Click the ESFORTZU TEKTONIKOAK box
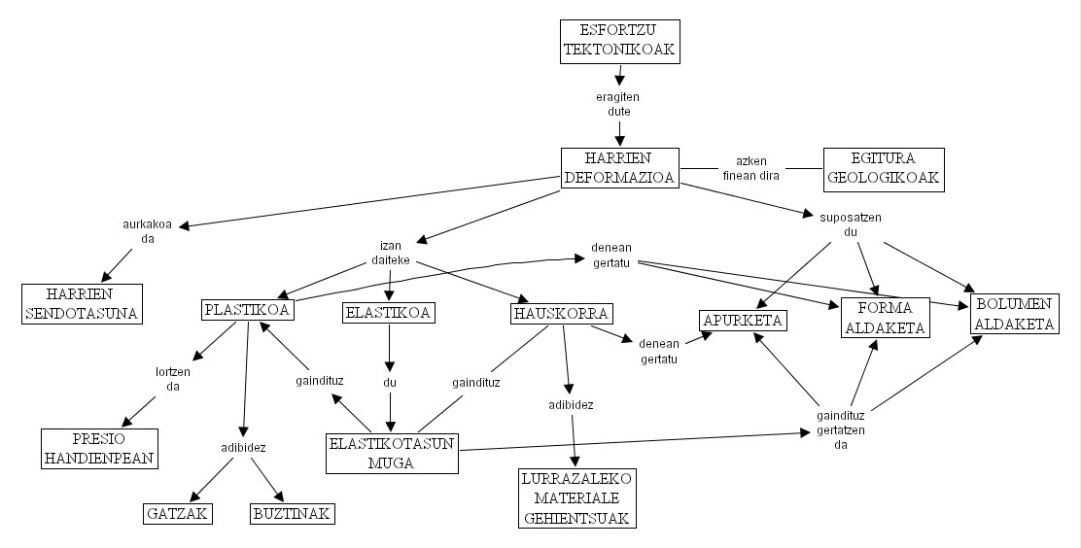point(619,41)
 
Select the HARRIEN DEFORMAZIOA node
point(619,168)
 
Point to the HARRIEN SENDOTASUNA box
point(82,303)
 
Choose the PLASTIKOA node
point(248,311)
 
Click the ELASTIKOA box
point(388,313)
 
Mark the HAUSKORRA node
point(561,314)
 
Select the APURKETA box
point(742,320)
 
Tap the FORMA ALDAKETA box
point(885,318)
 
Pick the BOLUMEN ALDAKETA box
point(1015,314)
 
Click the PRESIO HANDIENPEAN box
point(98,447)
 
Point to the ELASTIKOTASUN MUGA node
point(392,454)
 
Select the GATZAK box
point(178,514)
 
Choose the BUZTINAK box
point(293,514)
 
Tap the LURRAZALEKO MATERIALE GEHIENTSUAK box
point(577,498)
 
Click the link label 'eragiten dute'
point(618,104)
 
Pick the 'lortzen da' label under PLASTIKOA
point(173,379)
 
